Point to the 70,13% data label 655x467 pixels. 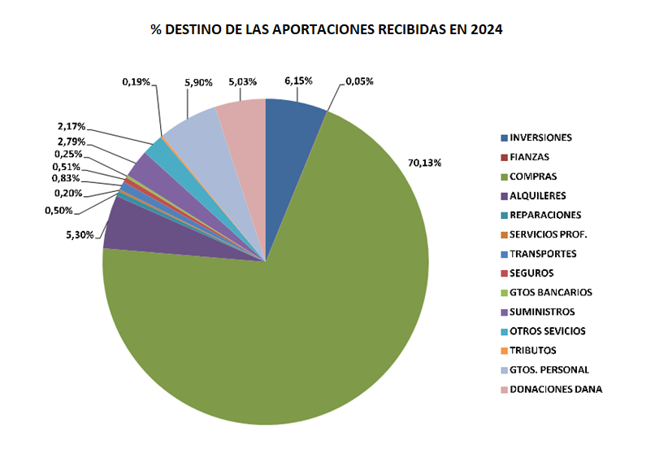(424, 163)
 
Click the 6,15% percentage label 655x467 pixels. (297, 81)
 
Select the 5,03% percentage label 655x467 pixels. (243, 81)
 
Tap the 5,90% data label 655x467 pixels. (198, 81)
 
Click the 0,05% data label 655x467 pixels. (359, 81)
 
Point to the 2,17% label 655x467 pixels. (72, 126)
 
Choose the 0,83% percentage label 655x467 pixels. (66, 178)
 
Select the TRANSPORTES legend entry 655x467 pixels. (543, 254)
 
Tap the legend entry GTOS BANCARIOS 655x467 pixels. (550, 292)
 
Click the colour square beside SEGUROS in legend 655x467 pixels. (505, 273)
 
